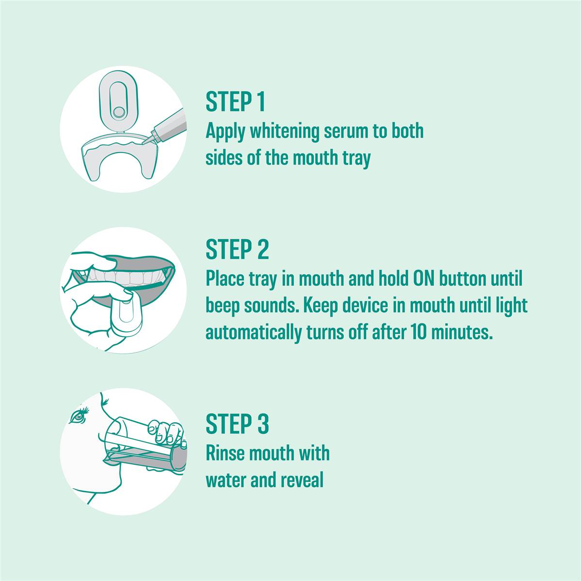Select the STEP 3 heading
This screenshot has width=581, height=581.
click(237, 423)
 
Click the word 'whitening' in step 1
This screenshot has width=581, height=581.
click(284, 132)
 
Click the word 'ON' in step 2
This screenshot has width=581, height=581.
click(424, 279)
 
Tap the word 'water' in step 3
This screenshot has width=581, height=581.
click(226, 480)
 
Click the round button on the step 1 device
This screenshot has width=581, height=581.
click(118, 112)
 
